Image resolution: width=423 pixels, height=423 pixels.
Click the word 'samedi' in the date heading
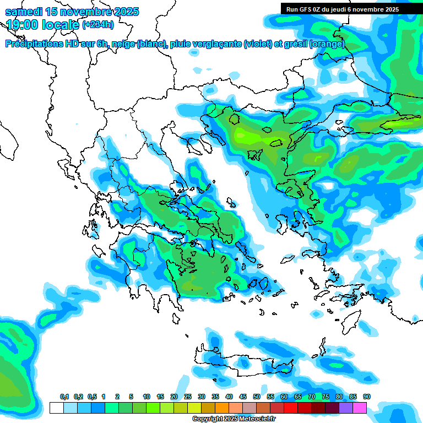point(25,12)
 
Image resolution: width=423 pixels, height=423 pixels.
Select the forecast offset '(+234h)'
point(98,25)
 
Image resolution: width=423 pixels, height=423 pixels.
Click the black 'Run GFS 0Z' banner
point(343,9)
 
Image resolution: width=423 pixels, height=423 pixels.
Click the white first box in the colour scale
point(56,408)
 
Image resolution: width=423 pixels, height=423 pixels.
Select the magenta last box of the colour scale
point(360,408)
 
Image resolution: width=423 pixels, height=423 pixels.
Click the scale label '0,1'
point(64,397)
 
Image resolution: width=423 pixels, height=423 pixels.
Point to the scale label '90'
point(367,397)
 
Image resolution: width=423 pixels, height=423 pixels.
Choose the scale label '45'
point(243,397)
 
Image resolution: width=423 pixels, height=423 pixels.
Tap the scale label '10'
point(147,397)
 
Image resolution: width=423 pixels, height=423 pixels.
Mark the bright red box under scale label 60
point(291,408)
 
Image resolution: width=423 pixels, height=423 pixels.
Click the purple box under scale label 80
point(346,408)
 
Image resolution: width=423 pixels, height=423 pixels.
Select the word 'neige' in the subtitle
point(122,44)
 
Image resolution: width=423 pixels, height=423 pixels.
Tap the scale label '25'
point(188,397)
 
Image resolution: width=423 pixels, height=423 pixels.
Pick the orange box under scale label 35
point(222,408)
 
